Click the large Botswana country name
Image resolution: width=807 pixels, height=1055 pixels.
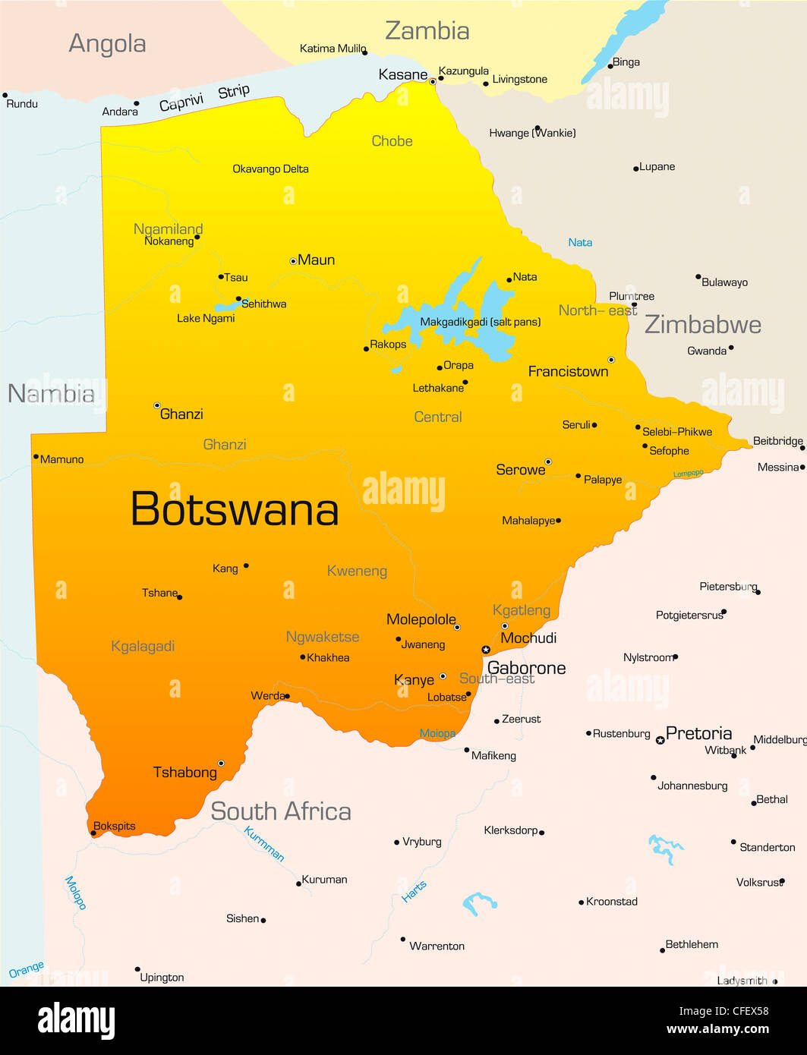(x=235, y=509)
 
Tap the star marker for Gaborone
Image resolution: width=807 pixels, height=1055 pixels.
(x=486, y=650)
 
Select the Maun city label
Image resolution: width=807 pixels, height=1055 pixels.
(x=316, y=260)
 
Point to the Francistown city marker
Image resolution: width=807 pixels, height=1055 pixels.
(x=611, y=360)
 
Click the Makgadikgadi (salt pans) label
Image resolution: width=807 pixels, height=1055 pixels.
(x=480, y=322)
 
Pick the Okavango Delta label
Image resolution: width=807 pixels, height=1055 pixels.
(x=270, y=169)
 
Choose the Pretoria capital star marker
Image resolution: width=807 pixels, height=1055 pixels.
(x=660, y=740)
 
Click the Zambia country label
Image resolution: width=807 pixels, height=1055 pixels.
(x=427, y=31)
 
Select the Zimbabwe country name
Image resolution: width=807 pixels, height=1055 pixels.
(x=702, y=325)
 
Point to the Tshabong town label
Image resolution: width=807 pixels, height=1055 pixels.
(x=184, y=773)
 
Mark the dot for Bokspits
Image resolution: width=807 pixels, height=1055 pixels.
(x=93, y=833)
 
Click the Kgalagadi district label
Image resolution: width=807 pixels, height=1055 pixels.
(x=143, y=647)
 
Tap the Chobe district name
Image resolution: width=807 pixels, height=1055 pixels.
(x=392, y=141)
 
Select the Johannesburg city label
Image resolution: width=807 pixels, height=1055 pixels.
(x=692, y=786)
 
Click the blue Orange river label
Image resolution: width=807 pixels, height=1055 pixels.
(x=27, y=970)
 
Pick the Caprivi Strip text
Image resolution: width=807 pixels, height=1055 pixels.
(x=203, y=97)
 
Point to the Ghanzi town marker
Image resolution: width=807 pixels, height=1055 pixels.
(x=157, y=406)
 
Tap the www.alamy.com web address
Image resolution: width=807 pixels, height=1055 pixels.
(x=717, y=1030)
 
